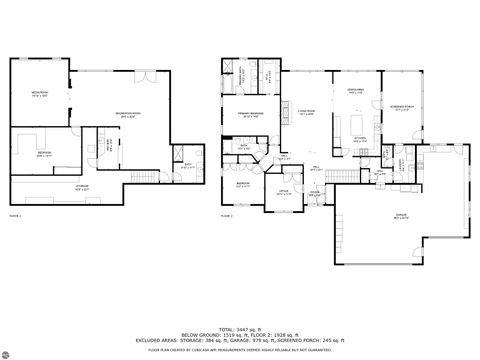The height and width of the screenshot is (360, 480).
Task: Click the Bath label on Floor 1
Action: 188,166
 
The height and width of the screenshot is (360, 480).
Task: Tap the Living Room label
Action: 306,114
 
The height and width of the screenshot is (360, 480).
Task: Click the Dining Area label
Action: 354,92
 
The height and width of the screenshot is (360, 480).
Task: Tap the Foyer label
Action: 314,193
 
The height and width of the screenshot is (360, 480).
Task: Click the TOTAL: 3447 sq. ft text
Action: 240,327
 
